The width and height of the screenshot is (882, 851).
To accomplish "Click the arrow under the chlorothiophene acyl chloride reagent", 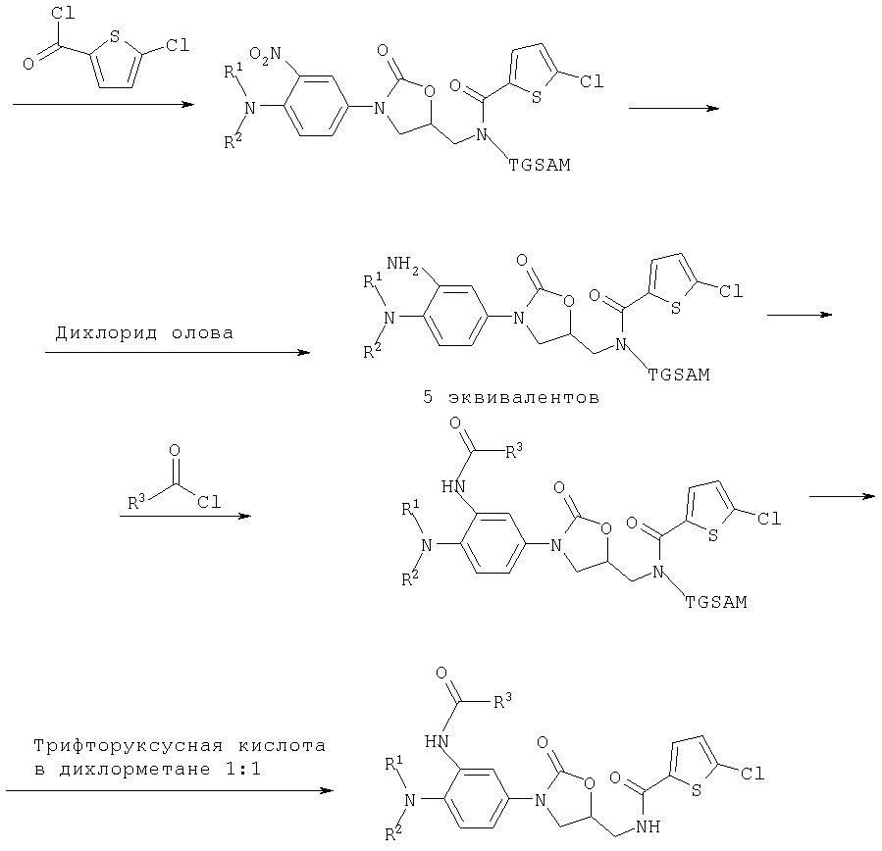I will pyautogui.click(x=103, y=102).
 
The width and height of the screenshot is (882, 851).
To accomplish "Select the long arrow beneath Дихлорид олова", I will pyautogui.click(x=177, y=353).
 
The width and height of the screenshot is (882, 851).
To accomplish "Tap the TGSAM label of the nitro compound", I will pyautogui.click(x=539, y=167).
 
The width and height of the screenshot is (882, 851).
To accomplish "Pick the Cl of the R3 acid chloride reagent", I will pyautogui.click(x=209, y=502).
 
